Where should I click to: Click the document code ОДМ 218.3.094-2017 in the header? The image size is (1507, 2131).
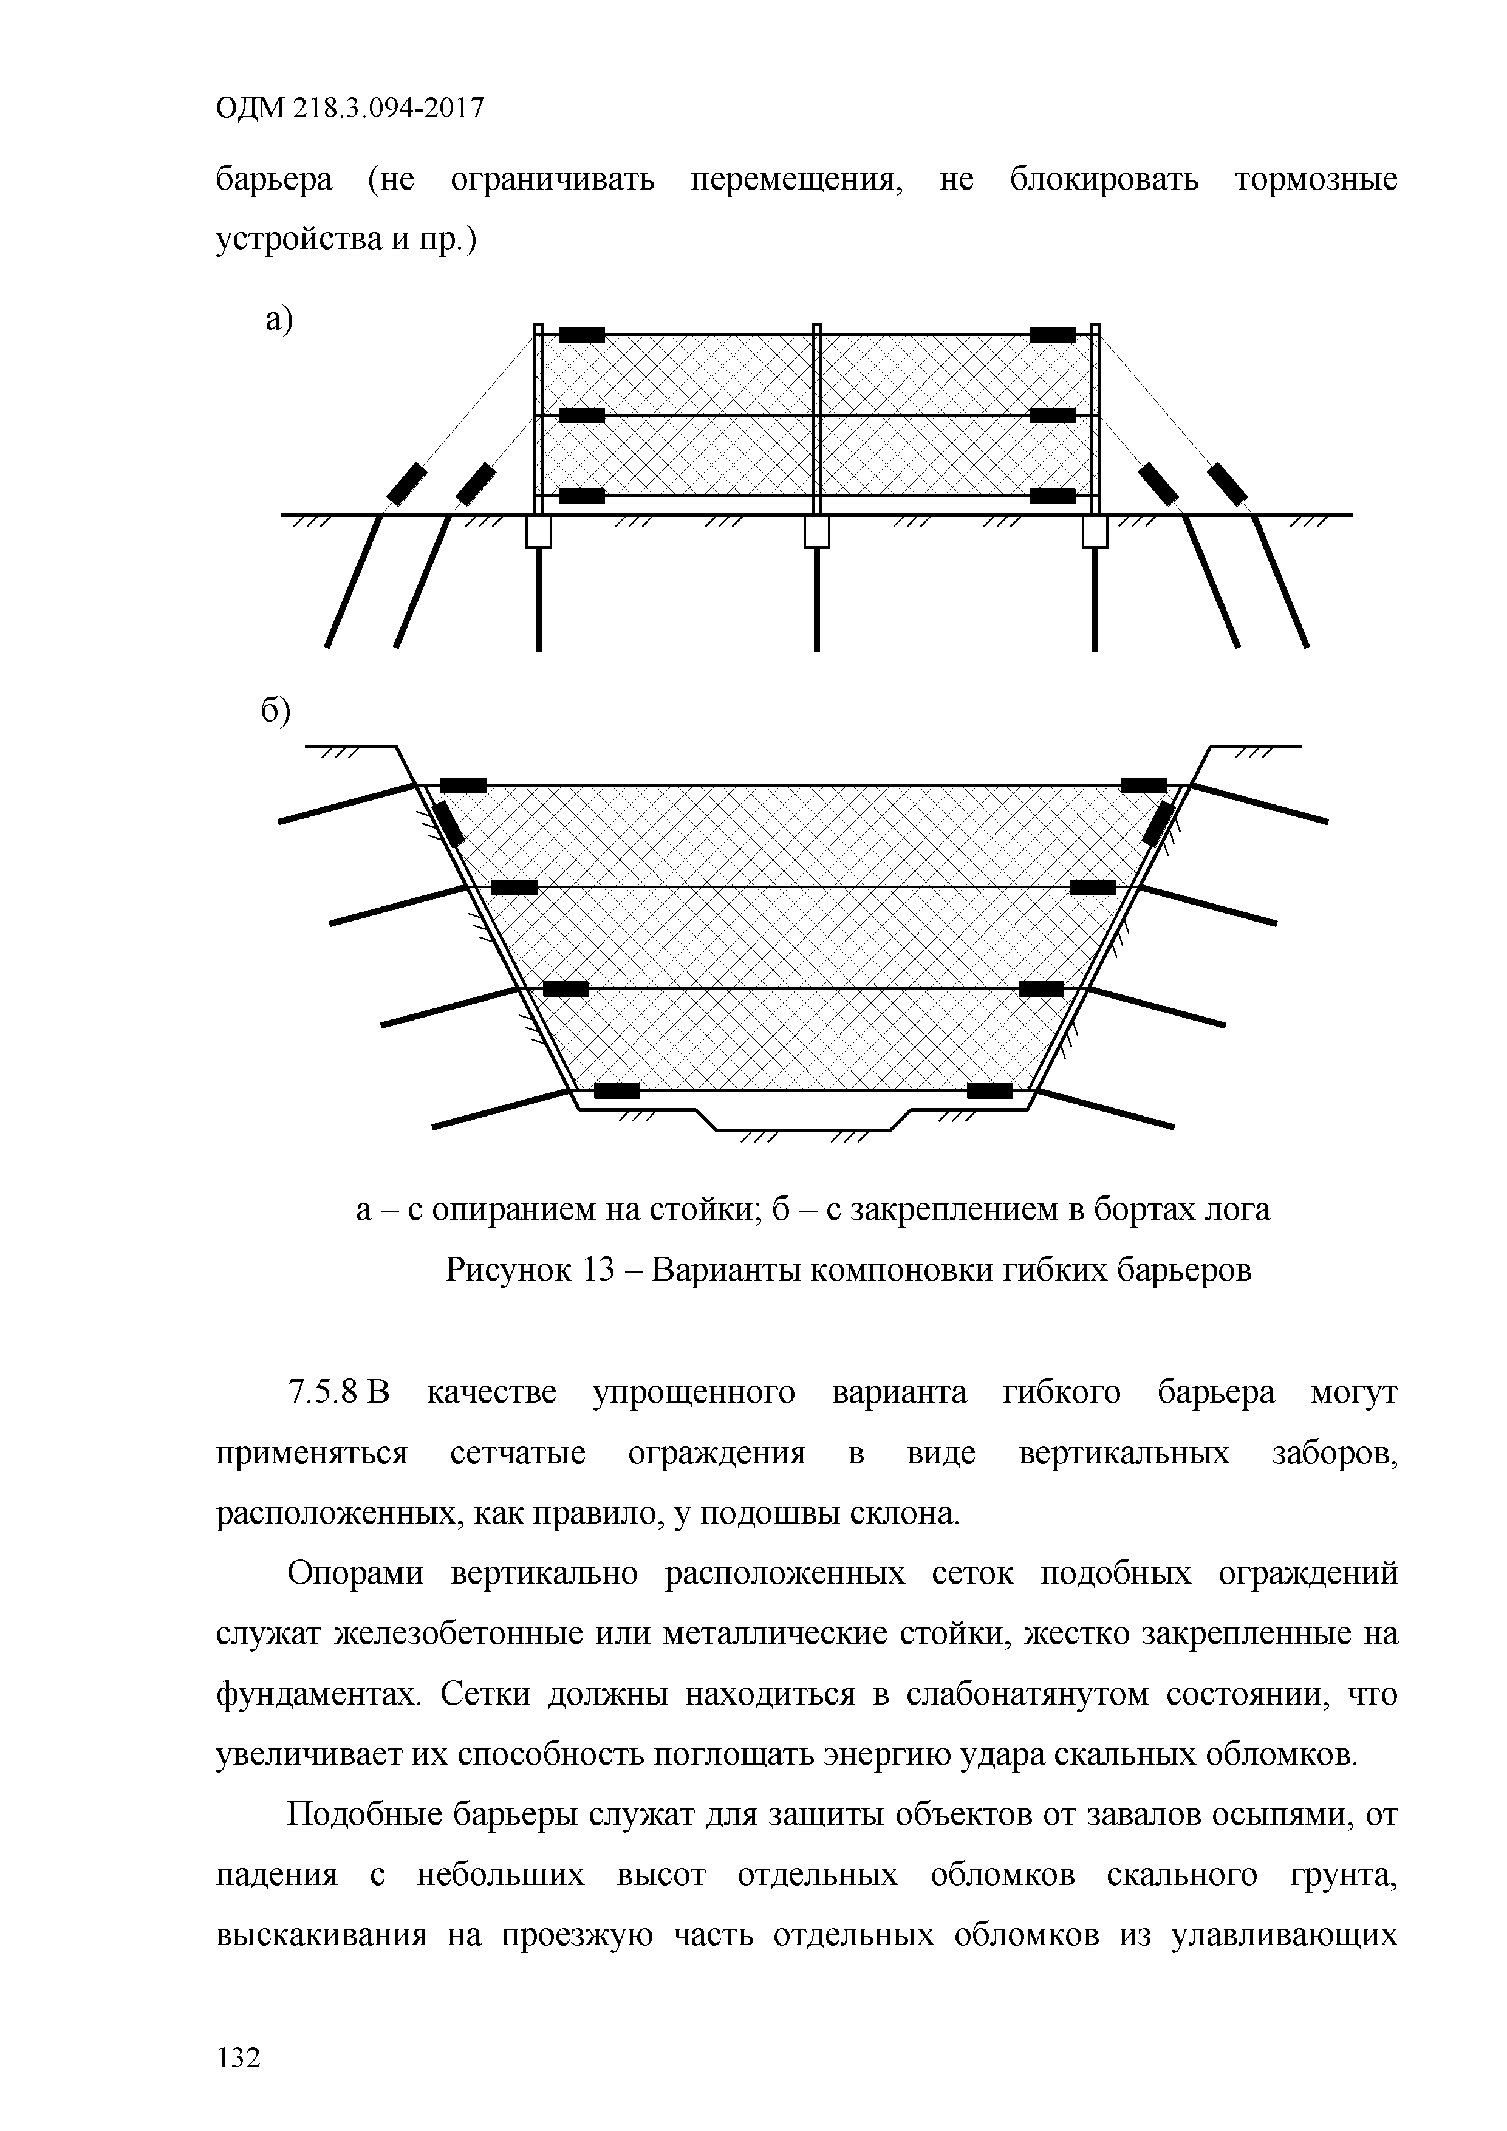(350, 109)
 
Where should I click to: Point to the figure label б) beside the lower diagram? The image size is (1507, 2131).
(276, 711)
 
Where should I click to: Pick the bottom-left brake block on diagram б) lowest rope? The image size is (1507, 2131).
(617, 1090)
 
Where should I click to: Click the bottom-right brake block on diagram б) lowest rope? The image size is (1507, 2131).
(990, 1090)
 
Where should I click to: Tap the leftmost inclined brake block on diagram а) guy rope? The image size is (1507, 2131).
(408, 485)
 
